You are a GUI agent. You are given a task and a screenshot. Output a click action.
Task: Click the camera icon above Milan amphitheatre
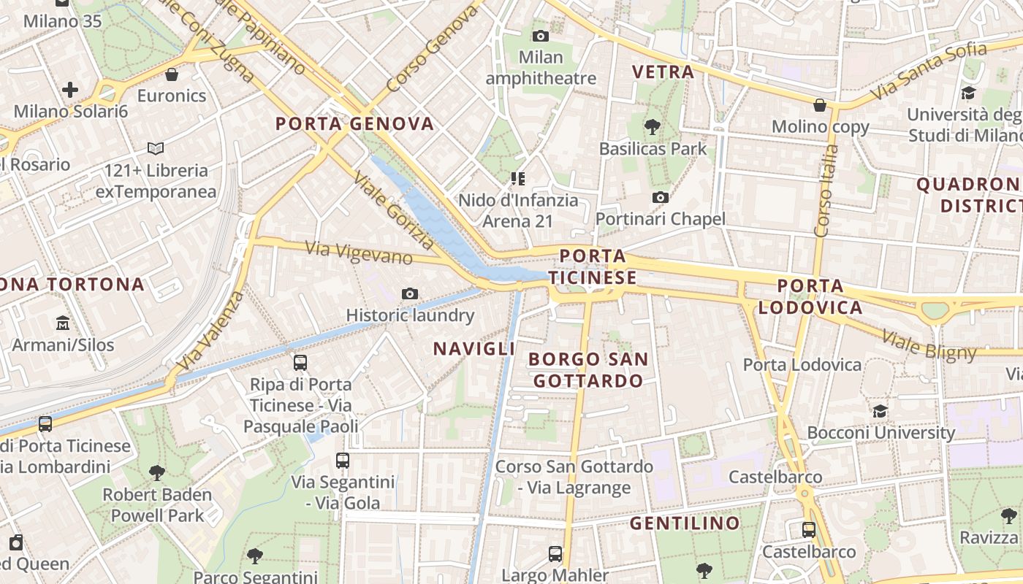[541, 36]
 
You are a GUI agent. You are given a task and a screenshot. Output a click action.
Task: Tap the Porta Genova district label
[354, 123]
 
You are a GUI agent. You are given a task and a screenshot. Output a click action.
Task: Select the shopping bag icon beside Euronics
[172, 74]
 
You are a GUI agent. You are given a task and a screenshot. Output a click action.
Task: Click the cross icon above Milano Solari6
[70, 91]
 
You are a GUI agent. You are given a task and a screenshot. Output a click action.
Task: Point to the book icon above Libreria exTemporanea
[156, 149]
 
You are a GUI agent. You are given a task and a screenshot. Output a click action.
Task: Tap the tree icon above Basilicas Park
[653, 127]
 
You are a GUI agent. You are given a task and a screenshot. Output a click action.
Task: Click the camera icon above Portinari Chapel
[661, 197]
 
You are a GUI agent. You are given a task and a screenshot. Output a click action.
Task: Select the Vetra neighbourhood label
[663, 72]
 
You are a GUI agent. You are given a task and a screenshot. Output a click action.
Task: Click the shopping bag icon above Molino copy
[820, 105]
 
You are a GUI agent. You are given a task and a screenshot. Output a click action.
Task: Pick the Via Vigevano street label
[359, 253]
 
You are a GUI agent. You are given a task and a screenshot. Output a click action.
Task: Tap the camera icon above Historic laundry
[410, 293]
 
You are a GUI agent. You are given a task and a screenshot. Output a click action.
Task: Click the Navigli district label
[474, 349]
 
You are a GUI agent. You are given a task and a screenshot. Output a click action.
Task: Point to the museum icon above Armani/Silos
[63, 323]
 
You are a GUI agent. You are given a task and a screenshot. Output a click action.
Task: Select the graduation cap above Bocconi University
[881, 411]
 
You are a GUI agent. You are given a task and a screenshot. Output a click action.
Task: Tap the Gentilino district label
[685, 523]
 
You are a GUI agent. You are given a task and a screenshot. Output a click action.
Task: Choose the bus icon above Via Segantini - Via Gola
[343, 461]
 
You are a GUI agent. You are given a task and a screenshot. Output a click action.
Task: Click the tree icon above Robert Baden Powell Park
[156, 473]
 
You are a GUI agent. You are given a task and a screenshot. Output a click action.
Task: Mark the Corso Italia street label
[827, 191]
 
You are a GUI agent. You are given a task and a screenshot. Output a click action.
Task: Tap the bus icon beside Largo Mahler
[555, 554]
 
